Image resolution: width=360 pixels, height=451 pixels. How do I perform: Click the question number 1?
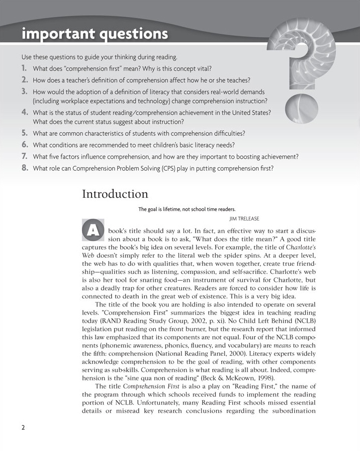24,67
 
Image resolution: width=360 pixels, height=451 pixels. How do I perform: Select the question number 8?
24,168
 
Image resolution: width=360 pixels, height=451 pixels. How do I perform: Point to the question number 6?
24,145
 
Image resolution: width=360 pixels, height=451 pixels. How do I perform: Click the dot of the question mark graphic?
300,106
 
